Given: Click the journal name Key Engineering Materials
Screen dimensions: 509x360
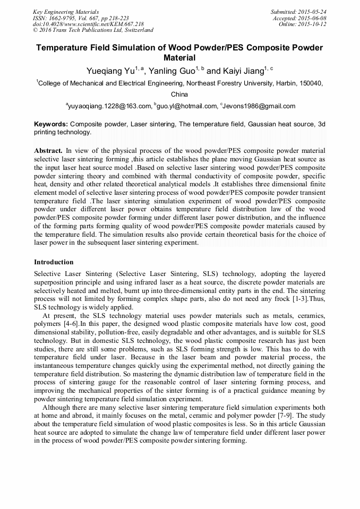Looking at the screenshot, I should tap(66, 12).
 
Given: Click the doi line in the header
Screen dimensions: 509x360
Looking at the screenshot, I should tap(88, 24).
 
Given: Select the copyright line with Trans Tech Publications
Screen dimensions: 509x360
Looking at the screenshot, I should tap(93, 30).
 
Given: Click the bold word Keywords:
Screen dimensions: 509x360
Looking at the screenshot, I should tap(50, 124).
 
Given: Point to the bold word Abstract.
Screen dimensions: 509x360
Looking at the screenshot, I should tap(48, 151).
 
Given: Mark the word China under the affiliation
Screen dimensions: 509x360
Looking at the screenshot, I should tap(179, 94).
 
